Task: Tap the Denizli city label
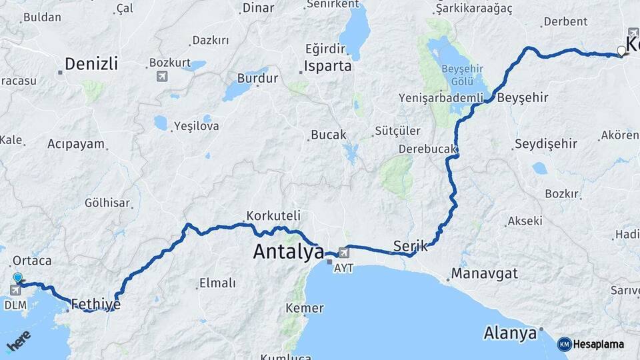(x=91, y=64)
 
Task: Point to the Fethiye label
(x=95, y=304)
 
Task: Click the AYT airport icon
(x=343, y=253)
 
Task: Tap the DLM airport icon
(x=15, y=289)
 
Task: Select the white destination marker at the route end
(x=621, y=51)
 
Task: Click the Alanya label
(x=511, y=333)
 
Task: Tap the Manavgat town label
(x=484, y=273)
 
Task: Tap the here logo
(x=18, y=342)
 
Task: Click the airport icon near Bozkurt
(x=162, y=76)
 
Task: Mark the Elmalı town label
(x=217, y=283)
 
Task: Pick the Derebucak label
(x=427, y=149)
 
